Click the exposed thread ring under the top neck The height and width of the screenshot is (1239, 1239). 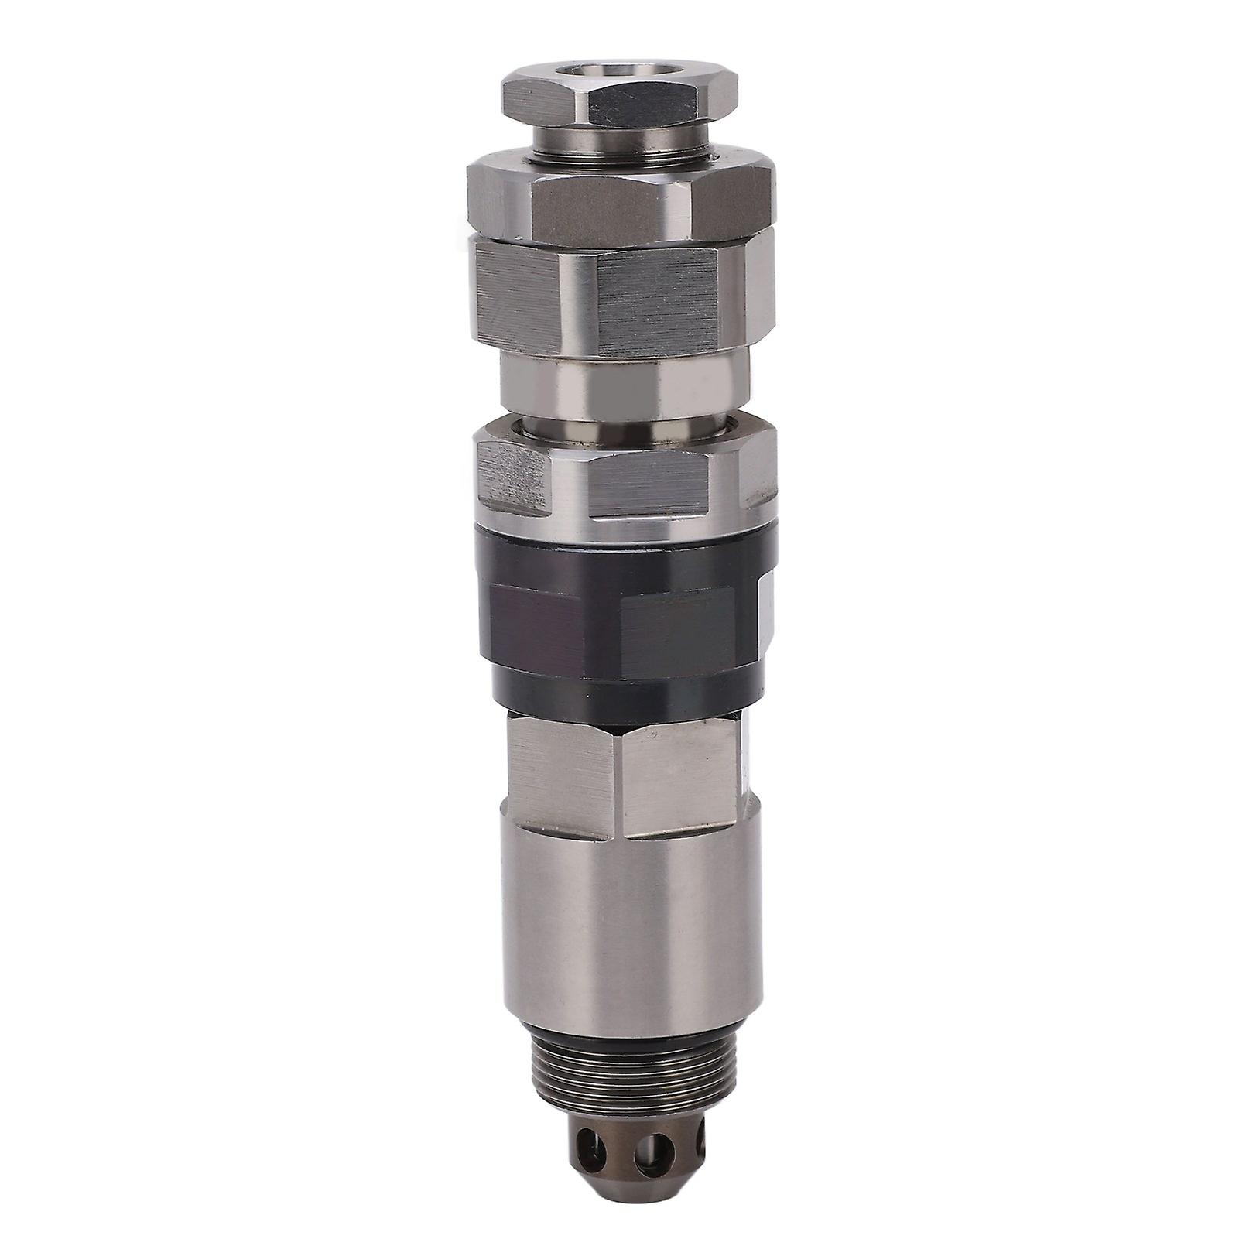tap(619, 158)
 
